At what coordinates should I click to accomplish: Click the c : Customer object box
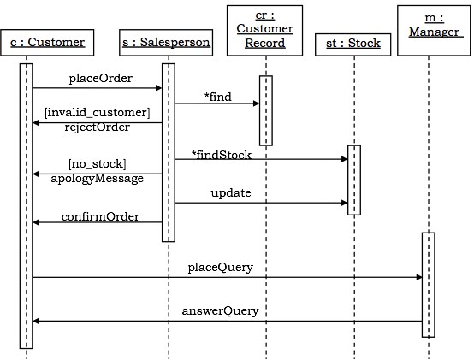47,41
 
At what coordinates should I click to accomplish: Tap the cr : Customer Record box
264,30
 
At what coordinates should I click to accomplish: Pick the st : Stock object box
353,43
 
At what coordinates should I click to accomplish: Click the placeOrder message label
101,79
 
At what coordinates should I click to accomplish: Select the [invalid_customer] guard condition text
97,113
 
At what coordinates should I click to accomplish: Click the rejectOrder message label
97,127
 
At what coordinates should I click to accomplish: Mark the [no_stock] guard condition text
97,163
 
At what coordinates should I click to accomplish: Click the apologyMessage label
97,178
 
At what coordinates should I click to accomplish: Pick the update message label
231,193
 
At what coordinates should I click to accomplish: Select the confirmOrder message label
100,216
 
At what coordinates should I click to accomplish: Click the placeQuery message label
221,268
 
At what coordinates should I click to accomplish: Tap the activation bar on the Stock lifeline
353,180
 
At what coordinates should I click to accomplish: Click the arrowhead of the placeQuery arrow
418,277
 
